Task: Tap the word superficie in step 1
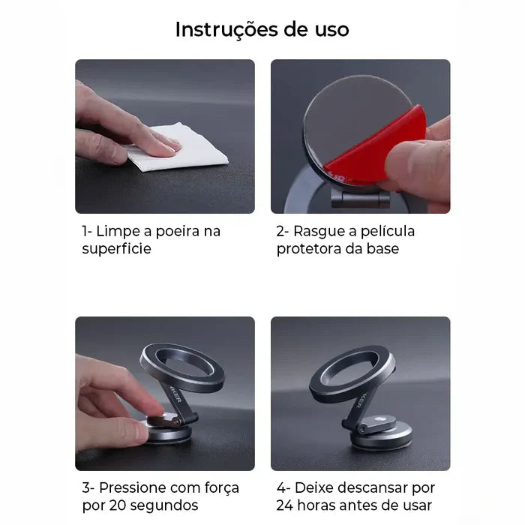[x=116, y=249]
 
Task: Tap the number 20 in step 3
[x=117, y=505]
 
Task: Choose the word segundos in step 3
[x=164, y=506]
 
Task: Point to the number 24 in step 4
[x=284, y=505]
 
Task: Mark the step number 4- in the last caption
[x=283, y=487]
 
